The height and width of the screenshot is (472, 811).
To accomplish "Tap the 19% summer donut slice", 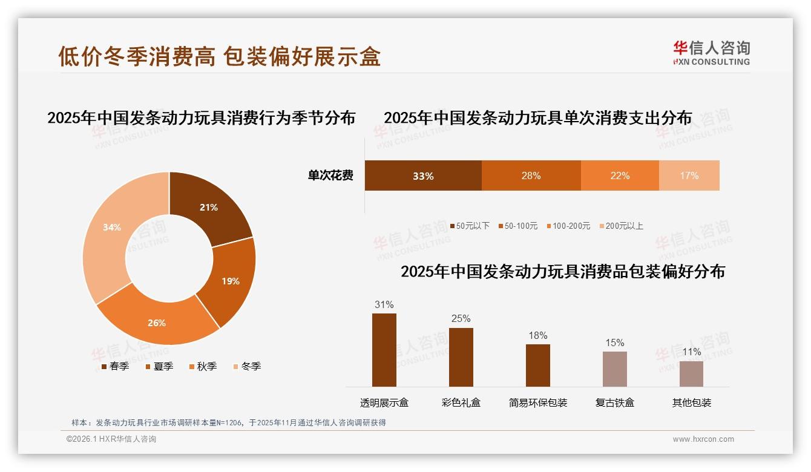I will pos(229,281).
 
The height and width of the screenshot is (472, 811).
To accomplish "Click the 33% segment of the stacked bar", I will pos(423,176).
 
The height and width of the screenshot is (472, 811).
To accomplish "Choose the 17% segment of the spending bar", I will pos(689,176).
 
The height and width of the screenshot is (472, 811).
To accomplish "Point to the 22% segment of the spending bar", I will pos(620,176).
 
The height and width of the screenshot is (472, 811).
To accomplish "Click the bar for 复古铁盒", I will pos(614,369).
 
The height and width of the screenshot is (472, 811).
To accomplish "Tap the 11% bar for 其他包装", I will pos(691,373).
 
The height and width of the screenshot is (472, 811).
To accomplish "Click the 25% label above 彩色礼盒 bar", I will pos(461,319).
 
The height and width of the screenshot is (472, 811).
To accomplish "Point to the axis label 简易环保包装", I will pos(538,402).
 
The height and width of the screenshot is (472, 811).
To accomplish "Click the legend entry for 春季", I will pos(116,367).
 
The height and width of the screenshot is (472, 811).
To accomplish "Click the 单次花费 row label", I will pos(330,176).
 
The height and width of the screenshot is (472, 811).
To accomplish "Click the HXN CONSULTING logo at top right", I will pos(711,53).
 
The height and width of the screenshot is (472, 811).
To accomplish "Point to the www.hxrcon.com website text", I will pos(703,439).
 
